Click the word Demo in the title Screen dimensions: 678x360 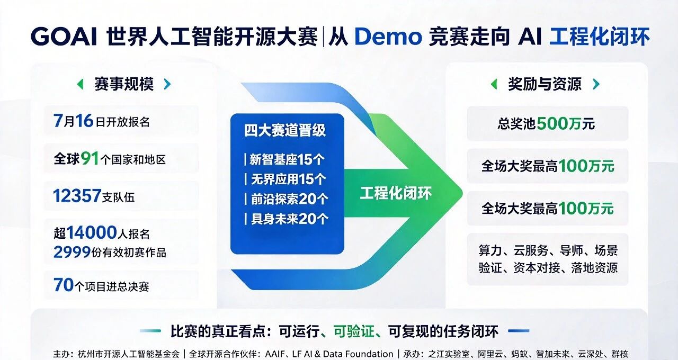[x=388, y=37]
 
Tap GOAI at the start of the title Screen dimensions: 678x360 [x=64, y=37]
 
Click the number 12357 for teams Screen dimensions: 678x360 [x=77, y=196]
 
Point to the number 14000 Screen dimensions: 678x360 [x=92, y=232]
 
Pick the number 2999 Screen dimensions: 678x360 [x=72, y=251]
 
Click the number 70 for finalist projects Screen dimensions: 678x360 [x=64, y=285]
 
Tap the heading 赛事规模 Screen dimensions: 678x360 [x=124, y=84]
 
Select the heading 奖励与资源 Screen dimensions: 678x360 [x=545, y=84]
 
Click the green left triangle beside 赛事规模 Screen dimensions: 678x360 [x=81, y=84]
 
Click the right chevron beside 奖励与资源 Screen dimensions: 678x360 [x=596, y=84]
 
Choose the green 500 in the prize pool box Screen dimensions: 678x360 [x=552, y=123]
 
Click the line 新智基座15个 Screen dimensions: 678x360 [x=287, y=159]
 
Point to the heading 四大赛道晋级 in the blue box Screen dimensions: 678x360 [x=285, y=130]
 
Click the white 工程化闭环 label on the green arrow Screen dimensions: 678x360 [x=396, y=193]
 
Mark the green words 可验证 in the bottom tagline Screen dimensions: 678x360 [x=354, y=331]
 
